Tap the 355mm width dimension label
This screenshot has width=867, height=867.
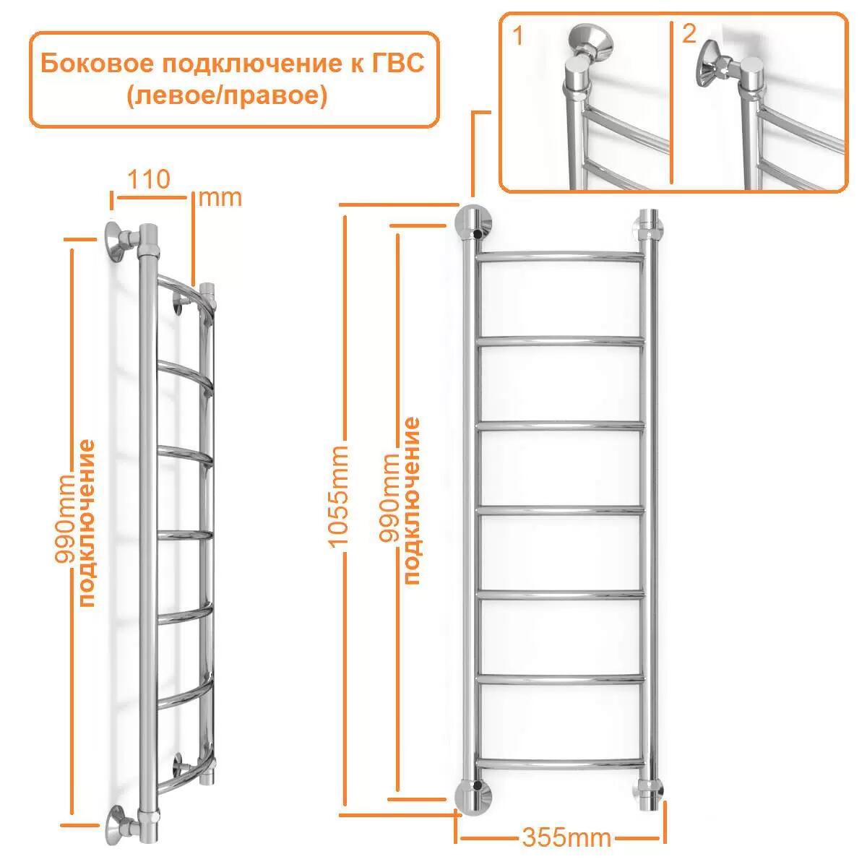tap(566, 837)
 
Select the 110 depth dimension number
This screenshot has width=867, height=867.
tap(148, 178)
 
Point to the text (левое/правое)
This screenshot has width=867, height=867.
tap(227, 96)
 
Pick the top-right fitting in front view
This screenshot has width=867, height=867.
tap(649, 226)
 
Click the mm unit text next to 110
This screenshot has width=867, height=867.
tap(220, 197)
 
